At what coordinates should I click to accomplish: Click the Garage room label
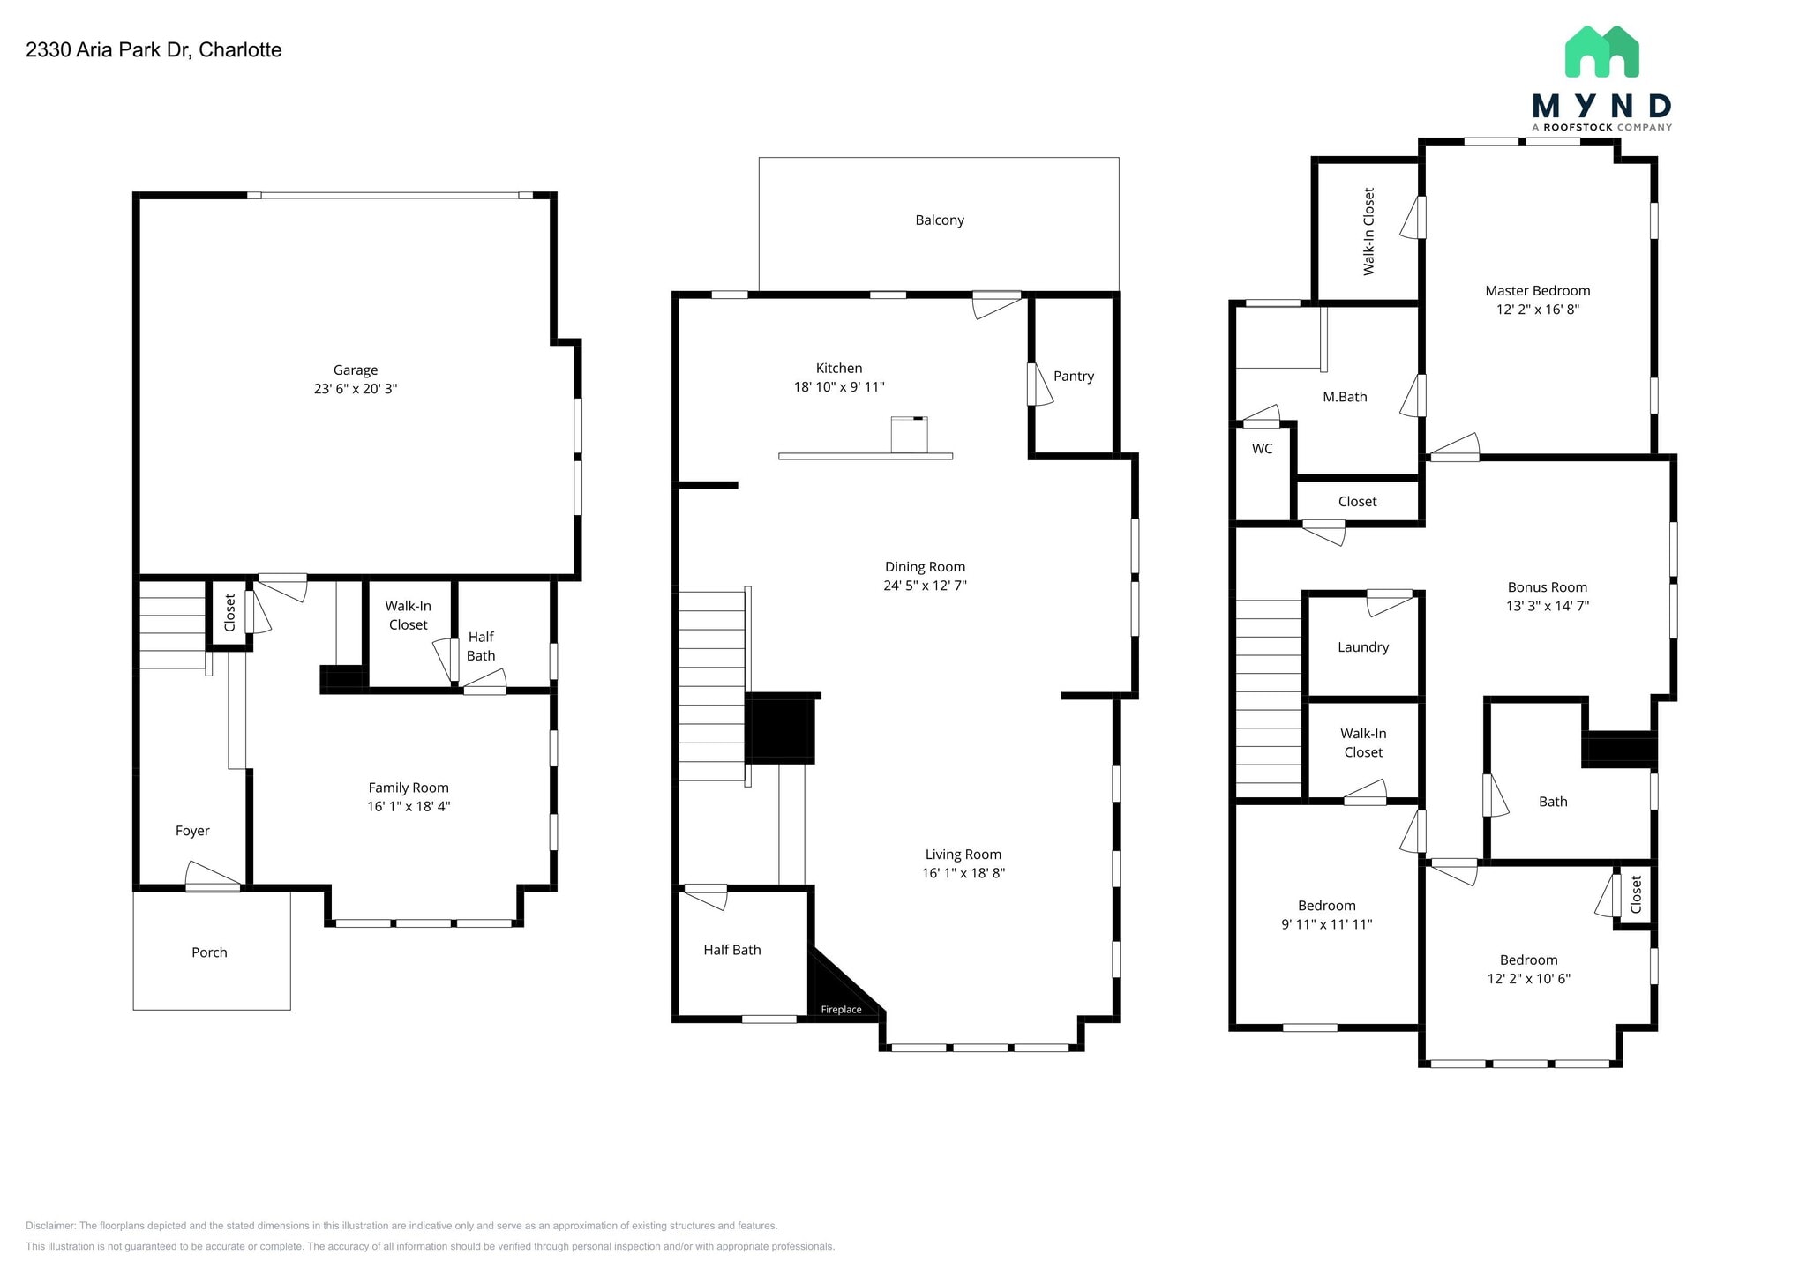355,370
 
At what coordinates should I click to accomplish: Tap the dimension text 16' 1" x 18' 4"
409,806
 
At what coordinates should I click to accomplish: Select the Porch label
209,952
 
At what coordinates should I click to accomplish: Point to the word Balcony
939,220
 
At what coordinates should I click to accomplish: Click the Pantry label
1073,377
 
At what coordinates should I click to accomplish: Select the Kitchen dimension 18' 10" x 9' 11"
838,387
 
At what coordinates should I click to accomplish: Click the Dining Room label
925,567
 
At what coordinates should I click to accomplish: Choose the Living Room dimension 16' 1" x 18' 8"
963,873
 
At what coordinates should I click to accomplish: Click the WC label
1262,449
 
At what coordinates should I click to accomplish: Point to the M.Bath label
1344,398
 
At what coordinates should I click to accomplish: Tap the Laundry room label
1362,647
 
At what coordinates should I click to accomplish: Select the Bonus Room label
1547,587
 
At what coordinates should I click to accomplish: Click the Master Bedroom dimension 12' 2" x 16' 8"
1537,310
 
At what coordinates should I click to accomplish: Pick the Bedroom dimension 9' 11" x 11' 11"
1326,924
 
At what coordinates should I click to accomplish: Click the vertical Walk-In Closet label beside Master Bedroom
1368,231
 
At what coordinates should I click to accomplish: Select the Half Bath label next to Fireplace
731,950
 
